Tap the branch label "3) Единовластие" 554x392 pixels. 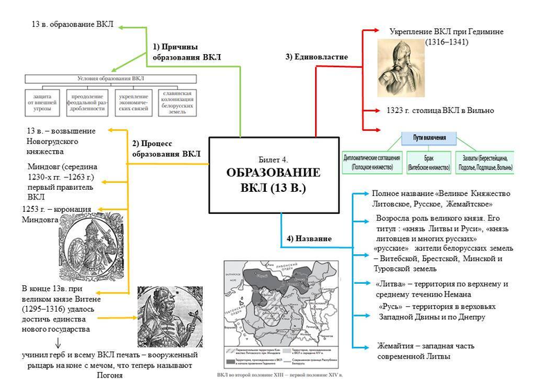tap(316, 57)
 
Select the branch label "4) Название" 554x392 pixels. tap(308, 239)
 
